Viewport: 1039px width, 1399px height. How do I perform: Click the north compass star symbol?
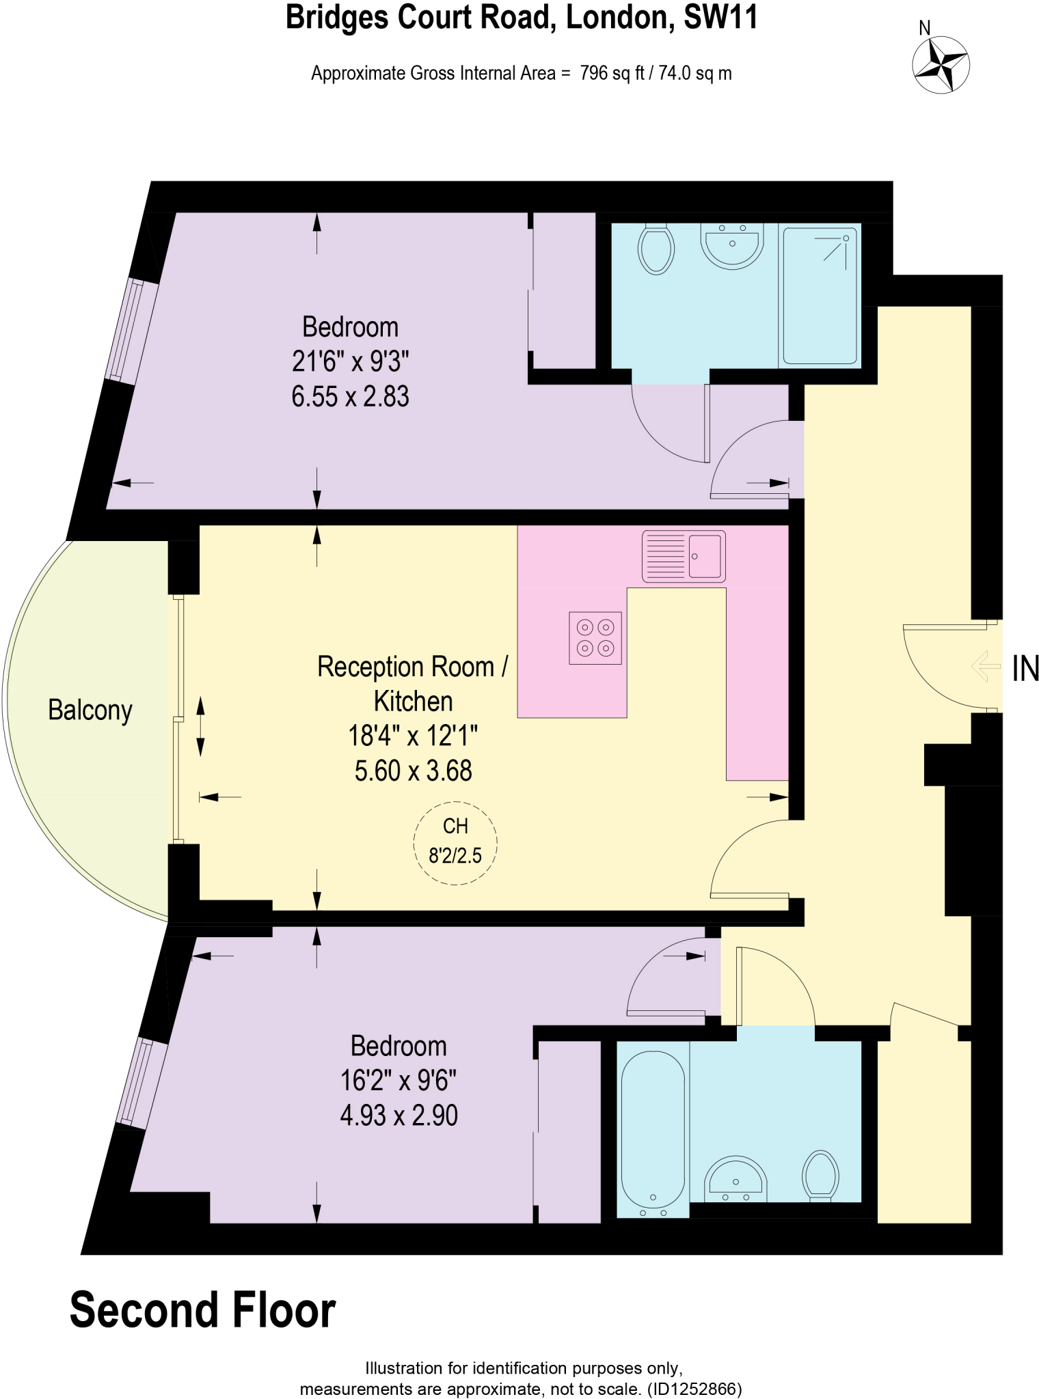coord(941,65)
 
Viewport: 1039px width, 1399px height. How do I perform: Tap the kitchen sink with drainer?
coord(684,556)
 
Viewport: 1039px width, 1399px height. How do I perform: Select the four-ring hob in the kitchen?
coord(595,638)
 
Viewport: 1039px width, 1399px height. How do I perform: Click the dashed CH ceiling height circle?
coord(455,842)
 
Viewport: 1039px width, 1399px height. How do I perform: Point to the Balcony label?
coord(90,710)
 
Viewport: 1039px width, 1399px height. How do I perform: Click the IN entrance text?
coord(1025,669)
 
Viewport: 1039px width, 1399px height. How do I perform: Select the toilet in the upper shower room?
coord(656,249)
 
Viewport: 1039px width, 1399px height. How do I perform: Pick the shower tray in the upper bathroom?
coord(820,295)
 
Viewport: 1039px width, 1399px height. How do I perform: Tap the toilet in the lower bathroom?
coord(820,1174)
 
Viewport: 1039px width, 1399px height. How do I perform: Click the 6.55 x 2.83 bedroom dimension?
coord(350,397)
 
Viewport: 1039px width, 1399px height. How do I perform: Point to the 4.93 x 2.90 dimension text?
coord(399,1116)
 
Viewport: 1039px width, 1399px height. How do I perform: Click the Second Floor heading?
coord(203,1310)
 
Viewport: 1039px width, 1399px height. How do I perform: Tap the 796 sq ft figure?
coord(612,73)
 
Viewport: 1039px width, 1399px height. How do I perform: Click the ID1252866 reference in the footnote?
coord(692,1389)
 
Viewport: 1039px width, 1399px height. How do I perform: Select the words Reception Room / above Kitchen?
coord(413,667)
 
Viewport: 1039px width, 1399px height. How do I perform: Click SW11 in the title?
coord(720,18)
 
